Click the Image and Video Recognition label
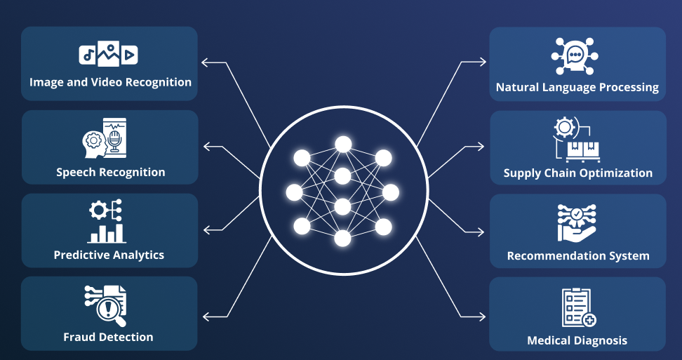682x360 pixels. (110, 82)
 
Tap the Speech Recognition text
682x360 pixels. (111, 172)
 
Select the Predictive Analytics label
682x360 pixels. (109, 255)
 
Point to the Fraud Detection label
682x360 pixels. (108, 337)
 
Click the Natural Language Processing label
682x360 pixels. (577, 88)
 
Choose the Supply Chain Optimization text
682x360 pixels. (577, 173)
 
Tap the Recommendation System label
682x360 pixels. (577, 255)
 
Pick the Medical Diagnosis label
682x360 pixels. (577, 341)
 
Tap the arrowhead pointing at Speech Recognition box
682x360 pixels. (206, 147)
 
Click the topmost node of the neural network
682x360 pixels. (342, 144)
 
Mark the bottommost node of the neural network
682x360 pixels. (342, 239)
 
